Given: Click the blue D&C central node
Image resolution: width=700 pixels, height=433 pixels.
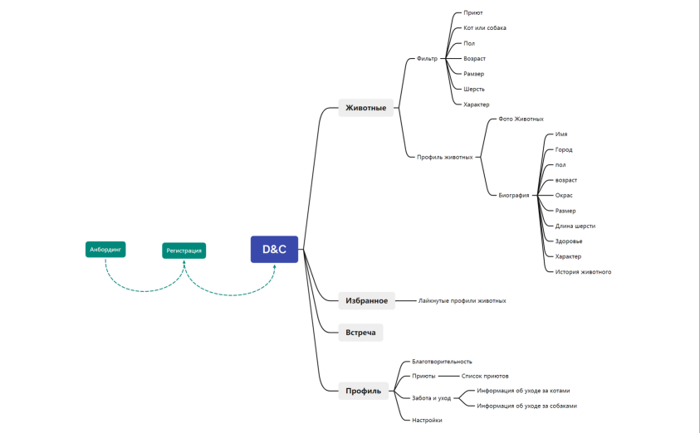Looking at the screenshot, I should [274, 249].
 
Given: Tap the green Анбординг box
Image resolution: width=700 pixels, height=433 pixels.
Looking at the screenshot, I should [105, 249].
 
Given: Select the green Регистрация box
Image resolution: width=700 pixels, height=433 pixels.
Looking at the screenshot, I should [184, 250].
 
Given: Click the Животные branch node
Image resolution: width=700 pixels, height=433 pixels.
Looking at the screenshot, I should [365, 107].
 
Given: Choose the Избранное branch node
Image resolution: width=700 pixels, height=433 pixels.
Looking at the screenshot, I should [366, 301].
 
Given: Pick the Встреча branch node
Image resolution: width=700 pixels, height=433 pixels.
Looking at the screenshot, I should [360, 333].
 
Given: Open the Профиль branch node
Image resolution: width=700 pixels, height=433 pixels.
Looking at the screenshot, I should [363, 391].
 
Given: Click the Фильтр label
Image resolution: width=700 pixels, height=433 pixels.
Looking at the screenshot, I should [427, 59].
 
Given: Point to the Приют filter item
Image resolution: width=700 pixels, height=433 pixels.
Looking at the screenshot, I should [473, 13].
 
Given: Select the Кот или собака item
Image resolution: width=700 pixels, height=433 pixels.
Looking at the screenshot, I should [485, 28].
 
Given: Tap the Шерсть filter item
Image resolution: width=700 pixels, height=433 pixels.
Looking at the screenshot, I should [474, 89].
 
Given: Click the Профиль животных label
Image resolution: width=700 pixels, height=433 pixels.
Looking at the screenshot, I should [444, 157].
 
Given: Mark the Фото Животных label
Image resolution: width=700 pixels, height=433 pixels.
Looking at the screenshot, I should [521, 119].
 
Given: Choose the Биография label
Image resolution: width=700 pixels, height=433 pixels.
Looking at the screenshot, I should [514, 196].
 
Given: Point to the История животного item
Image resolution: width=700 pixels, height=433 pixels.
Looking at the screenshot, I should [583, 271].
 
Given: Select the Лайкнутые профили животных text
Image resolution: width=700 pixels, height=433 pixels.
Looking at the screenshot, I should [462, 301].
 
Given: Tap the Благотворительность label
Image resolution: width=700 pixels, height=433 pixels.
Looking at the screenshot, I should [442, 362].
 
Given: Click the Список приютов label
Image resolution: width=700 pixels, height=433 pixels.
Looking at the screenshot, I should [479, 376].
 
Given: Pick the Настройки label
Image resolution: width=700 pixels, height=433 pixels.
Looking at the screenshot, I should [427, 421].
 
